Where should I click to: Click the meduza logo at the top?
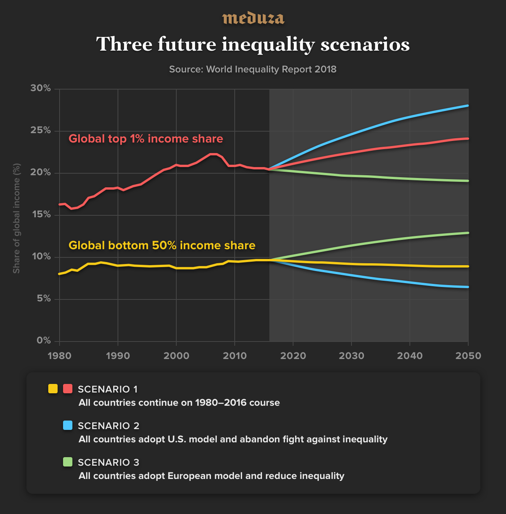(x=253, y=18)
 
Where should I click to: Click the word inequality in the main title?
(x=268, y=44)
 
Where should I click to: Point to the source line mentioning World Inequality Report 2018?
(x=253, y=69)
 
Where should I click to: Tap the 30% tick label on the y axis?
(x=41, y=88)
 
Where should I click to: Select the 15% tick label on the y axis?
(x=41, y=215)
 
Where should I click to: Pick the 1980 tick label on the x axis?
(x=60, y=356)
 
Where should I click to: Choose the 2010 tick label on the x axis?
(x=235, y=356)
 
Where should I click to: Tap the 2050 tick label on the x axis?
(x=468, y=356)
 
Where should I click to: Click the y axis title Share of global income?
(x=16, y=218)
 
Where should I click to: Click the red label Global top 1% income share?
(x=146, y=139)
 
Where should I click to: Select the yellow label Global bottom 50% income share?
(x=162, y=245)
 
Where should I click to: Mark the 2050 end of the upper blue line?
(x=468, y=106)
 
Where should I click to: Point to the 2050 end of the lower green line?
(x=468, y=233)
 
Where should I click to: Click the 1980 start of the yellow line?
(x=60, y=274)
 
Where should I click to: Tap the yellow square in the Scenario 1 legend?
(x=53, y=389)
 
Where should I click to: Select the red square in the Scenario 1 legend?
(x=68, y=389)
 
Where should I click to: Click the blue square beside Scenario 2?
(x=68, y=425)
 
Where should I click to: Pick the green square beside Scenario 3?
(x=68, y=462)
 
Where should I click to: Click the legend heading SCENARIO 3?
(x=108, y=462)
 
